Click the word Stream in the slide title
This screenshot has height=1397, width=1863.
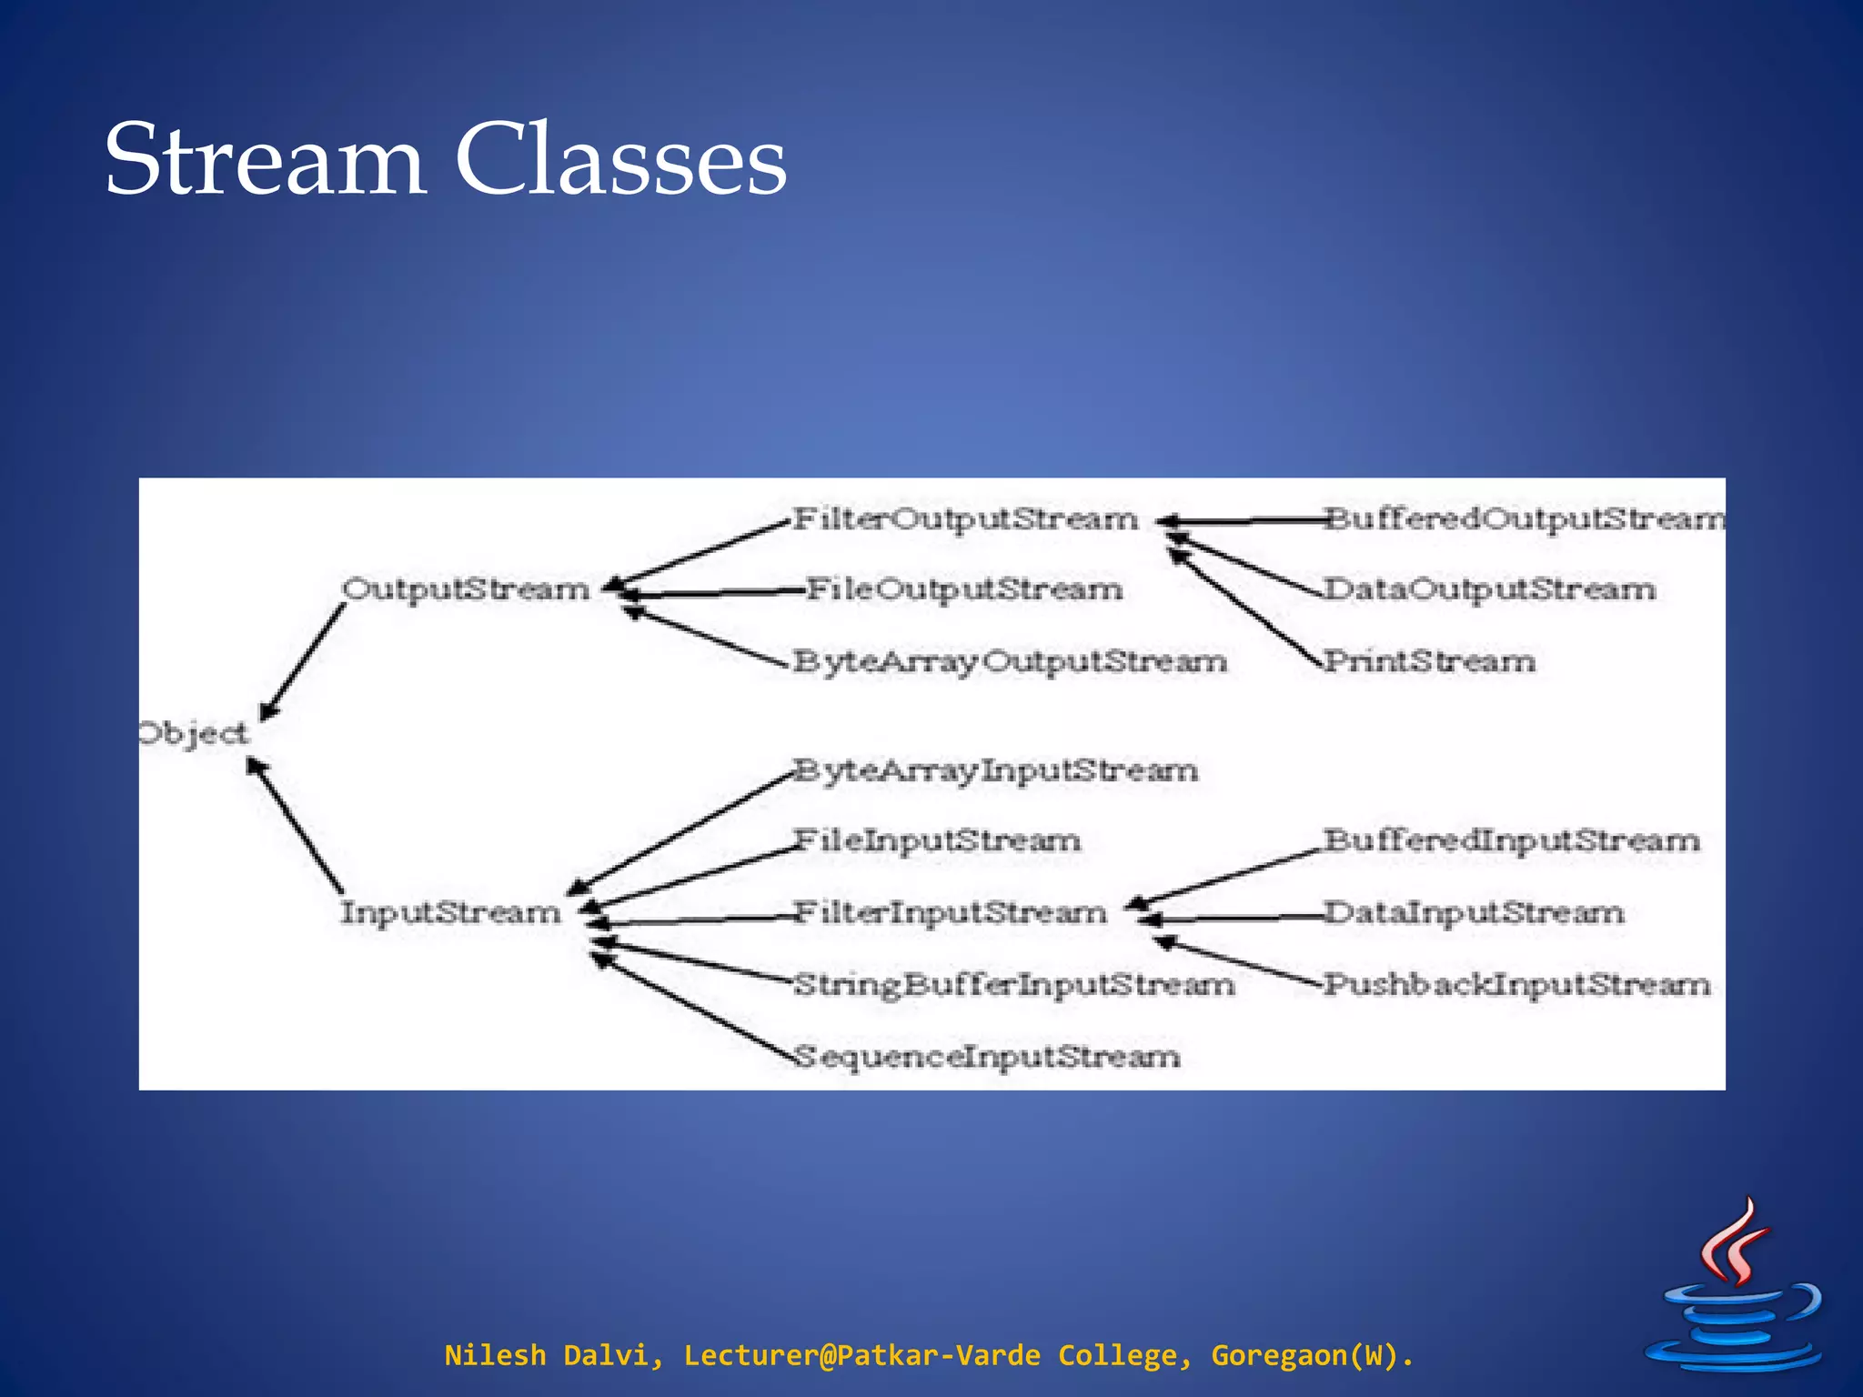[265, 160]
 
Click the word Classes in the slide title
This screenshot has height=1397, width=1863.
[620, 160]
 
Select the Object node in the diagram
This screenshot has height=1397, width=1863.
[193, 733]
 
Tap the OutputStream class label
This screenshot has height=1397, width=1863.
[466, 589]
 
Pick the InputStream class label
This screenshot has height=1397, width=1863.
[451, 912]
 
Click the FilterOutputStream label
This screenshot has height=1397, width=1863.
[965, 518]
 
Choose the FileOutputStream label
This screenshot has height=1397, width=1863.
[964, 589]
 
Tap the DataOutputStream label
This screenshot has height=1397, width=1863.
[1489, 589]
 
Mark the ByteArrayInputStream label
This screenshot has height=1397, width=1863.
[995, 771]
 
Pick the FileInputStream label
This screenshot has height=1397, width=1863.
[937, 840]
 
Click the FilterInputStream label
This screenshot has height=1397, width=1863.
[951, 912]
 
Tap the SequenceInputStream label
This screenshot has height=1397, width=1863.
[987, 1057]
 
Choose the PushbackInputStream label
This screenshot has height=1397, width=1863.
[1516, 984]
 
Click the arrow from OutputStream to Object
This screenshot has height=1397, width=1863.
[303, 662]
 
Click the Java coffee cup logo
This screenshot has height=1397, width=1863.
[1736, 1290]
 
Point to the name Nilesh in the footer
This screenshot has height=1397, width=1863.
[494, 1355]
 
